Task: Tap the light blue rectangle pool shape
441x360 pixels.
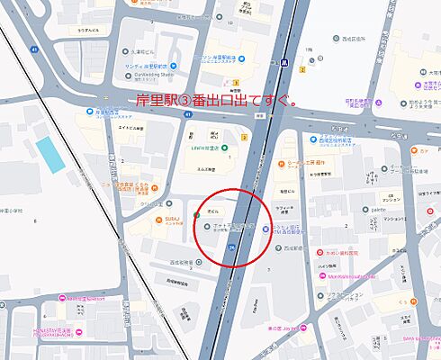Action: point(51,155)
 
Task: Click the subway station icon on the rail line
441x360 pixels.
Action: point(283,64)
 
